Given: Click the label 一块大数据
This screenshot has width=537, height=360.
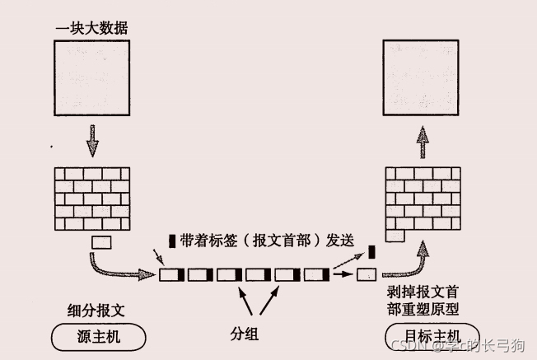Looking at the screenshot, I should click(x=91, y=29).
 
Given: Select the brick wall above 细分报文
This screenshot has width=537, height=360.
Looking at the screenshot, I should click(x=92, y=198).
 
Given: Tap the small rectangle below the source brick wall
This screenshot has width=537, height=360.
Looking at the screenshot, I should click(x=100, y=242).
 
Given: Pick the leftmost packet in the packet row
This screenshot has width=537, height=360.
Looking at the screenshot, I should click(x=171, y=274).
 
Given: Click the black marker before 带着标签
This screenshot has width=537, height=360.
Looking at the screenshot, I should click(x=172, y=241).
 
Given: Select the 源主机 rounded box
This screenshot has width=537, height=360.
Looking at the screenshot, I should click(x=97, y=336).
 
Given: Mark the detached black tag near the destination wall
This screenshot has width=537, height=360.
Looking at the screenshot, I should click(x=371, y=251).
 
